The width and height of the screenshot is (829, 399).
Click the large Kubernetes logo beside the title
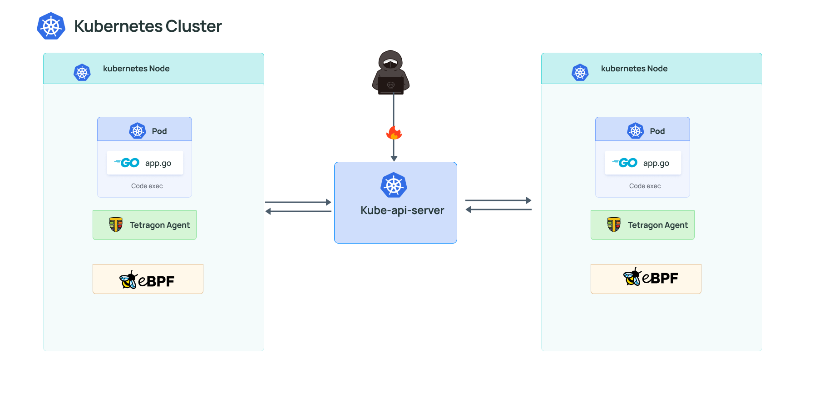tap(51, 26)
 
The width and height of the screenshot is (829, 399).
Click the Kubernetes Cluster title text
tap(148, 26)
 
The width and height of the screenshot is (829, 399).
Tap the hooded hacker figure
tap(391, 73)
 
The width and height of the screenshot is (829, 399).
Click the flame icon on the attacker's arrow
tap(394, 133)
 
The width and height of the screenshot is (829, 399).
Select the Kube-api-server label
tap(402, 210)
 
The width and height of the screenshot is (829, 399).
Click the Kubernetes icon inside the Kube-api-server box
tap(394, 185)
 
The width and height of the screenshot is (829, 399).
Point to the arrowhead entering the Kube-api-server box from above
tap(394, 158)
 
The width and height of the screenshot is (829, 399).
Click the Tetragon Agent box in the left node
tap(144, 225)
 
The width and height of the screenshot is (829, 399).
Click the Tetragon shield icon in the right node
tap(614, 224)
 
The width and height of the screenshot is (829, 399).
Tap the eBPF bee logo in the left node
tap(128, 280)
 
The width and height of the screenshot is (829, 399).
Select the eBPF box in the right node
tap(646, 279)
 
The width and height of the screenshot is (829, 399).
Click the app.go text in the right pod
tap(656, 163)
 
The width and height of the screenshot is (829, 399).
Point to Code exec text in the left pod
tap(147, 186)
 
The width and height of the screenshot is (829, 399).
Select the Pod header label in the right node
tap(657, 131)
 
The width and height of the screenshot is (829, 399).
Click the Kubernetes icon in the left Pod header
tap(138, 131)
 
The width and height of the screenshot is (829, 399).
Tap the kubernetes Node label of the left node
tap(136, 69)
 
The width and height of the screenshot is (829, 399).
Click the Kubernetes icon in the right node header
tap(580, 72)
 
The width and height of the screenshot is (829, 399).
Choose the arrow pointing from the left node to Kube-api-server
tap(298, 202)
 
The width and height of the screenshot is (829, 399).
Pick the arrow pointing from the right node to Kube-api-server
tap(498, 209)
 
